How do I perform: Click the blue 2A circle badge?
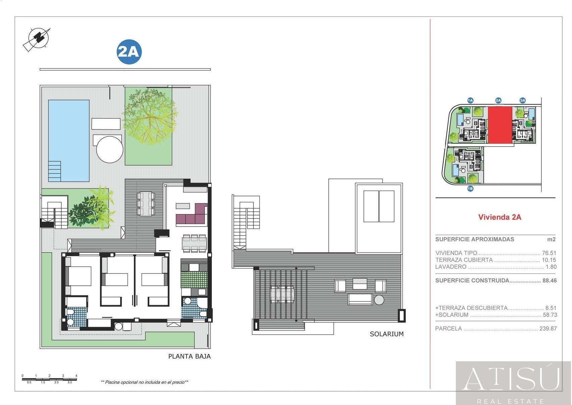tap(129, 52)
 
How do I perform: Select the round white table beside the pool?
tap(109, 149)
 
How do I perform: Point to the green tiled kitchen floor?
tap(194, 279)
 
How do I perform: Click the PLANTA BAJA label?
tap(189, 356)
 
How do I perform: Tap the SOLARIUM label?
tap(386, 334)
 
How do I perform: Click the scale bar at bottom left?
tap(49, 379)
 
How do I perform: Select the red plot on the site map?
tap(499, 125)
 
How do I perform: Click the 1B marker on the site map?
tap(470, 189)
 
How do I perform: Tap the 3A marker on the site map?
tap(522, 100)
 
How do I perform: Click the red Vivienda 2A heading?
tap(499, 217)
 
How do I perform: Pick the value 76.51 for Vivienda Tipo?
tap(549, 253)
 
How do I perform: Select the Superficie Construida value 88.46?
tap(549, 280)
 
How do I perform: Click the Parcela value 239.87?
tap(548, 328)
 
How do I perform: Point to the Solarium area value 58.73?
tap(550, 315)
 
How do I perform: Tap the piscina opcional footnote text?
tap(144, 382)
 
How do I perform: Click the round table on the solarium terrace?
tap(379, 300)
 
